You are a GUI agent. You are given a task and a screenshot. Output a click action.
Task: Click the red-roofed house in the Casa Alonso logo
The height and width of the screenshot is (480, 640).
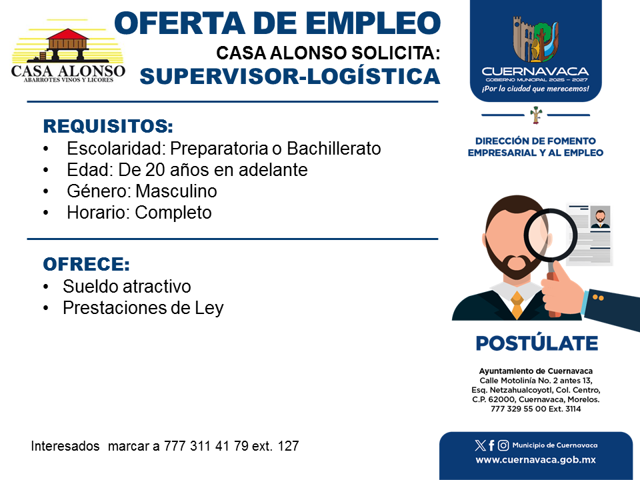(x=68, y=42)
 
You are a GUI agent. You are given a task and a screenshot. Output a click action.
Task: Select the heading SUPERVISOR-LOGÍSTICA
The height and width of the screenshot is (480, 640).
(x=290, y=76)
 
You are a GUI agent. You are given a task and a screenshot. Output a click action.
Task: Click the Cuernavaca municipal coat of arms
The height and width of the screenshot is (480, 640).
(x=535, y=39)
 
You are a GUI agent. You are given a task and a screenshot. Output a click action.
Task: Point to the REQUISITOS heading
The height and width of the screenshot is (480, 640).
(x=108, y=126)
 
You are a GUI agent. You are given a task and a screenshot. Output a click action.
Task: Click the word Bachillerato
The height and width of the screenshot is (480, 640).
(x=334, y=149)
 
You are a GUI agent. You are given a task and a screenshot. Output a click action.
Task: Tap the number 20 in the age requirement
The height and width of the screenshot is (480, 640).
(x=155, y=170)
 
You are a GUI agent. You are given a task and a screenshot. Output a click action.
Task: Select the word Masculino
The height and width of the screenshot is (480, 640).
(x=176, y=191)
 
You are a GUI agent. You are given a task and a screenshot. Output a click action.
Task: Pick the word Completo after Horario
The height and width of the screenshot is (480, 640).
(x=173, y=213)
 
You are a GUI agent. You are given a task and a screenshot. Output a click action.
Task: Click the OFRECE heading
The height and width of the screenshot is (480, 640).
(x=87, y=264)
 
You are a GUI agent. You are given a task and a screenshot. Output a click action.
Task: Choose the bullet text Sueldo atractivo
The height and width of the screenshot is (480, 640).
(x=127, y=287)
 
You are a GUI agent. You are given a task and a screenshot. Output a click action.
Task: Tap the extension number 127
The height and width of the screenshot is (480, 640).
(x=288, y=446)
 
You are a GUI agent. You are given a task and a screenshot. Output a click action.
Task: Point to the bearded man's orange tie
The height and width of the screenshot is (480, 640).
(x=517, y=304)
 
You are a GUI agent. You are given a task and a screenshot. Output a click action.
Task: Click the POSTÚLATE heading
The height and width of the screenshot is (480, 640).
(x=537, y=343)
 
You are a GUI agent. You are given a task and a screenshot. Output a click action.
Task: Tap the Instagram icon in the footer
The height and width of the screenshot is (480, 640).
(x=503, y=445)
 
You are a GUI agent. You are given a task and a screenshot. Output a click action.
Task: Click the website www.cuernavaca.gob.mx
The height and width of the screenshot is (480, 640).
(x=535, y=460)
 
